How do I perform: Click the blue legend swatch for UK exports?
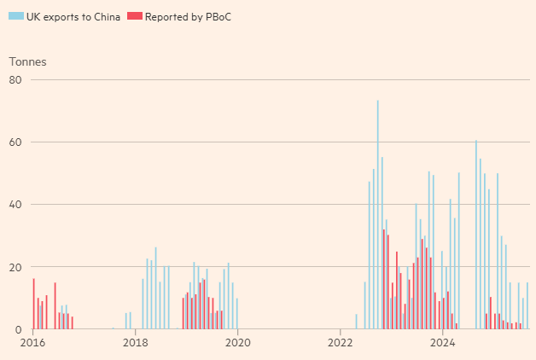[x=14, y=17]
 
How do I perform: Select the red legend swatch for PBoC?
[x=132, y=17]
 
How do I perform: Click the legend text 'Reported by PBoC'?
[x=188, y=17]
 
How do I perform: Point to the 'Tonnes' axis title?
[x=27, y=61]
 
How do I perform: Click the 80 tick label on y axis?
[x=15, y=80]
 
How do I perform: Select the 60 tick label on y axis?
[x=15, y=142]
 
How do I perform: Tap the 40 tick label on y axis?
[x=15, y=205]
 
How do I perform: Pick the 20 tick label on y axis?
[x=15, y=267]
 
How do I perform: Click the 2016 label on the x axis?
[x=32, y=343]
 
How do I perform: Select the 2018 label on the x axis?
[x=135, y=343]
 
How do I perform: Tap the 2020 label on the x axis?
[x=237, y=343]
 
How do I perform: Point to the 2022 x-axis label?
[x=340, y=343]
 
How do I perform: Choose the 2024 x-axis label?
[x=442, y=343]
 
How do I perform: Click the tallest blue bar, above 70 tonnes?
[x=377, y=213]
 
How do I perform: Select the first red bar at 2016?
[x=34, y=304]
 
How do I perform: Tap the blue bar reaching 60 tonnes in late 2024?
[x=476, y=235]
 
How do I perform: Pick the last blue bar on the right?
[x=527, y=305]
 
